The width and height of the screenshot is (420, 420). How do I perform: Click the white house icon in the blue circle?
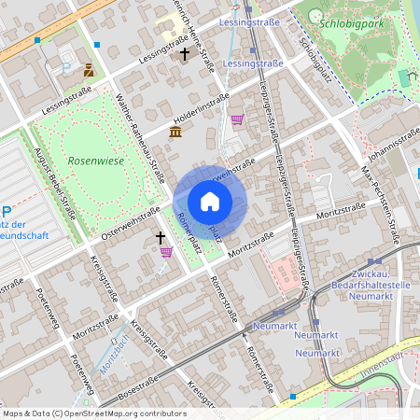click(x=210, y=202)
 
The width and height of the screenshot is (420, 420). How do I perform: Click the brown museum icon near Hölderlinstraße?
click(x=175, y=132)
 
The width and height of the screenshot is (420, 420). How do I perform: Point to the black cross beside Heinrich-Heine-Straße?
click(x=185, y=54)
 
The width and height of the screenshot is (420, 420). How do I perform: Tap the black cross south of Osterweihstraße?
click(x=160, y=238)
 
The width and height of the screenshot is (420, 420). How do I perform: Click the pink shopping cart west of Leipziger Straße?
click(x=237, y=119)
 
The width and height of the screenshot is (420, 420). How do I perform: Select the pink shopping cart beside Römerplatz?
click(x=166, y=252)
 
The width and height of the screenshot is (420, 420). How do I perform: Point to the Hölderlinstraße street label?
click(x=201, y=110)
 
